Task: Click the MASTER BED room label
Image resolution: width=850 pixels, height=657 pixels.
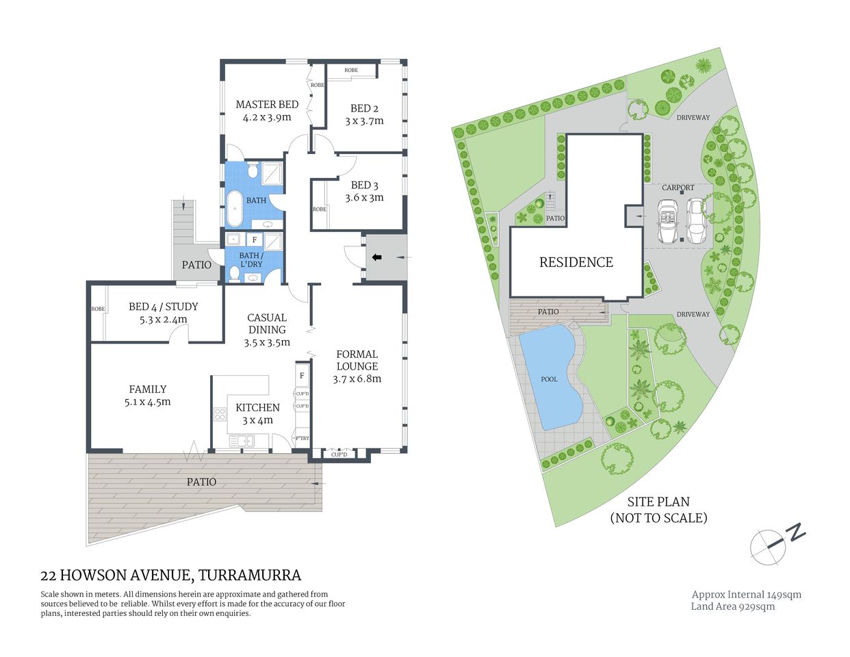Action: click(x=267, y=105)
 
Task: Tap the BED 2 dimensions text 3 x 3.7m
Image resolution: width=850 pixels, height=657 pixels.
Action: click(x=364, y=121)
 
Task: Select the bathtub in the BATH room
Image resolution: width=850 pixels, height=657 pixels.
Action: click(x=234, y=209)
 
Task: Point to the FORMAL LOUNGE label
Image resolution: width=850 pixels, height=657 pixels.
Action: click(x=357, y=360)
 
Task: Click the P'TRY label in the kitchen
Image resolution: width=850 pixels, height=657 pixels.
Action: click(x=302, y=438)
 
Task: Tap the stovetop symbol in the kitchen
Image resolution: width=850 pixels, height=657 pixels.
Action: click(x=220, y=413)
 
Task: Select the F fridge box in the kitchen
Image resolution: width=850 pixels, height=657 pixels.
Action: click(x=302, y=376)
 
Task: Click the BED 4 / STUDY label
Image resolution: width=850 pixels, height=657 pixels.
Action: click(x=163, y=307)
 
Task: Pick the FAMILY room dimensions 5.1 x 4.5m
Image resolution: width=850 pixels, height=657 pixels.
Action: click(x=148, y=402)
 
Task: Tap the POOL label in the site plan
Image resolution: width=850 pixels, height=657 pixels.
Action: click(x=549, y=379)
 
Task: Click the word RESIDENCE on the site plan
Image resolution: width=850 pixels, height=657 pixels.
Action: click(x=576, y=262)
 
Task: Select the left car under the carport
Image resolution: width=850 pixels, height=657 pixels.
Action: click(x=667, y=221)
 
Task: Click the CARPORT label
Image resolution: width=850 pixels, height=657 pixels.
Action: click(x=678, y=188)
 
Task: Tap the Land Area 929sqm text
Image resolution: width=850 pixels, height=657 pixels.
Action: click(x=732, y=606)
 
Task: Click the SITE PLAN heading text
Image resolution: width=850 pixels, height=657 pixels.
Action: click(x=658, y=502)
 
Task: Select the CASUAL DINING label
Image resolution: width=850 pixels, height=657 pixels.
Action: click(x=267, y=324)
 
